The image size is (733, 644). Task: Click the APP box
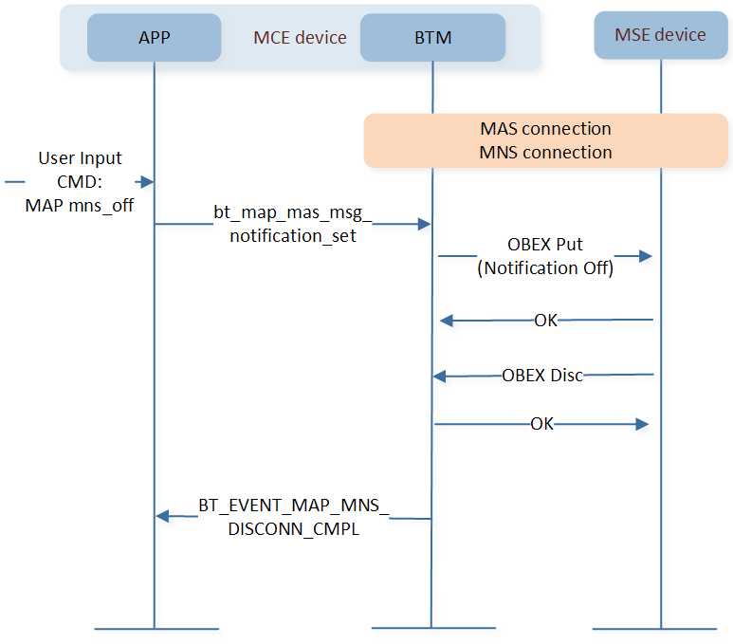[x=155, y=37]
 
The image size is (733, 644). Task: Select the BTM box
[x=433, y=37]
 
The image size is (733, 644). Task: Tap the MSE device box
[x=661, y=35]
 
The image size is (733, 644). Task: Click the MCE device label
[x=300, y=37]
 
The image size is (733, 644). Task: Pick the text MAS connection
[x=545, y=129]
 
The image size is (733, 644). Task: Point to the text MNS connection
[x=545, y=153]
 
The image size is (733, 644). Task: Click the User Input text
[x=80, y=158]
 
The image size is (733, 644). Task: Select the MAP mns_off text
[x=80, y=205]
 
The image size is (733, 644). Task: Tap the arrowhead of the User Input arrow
[x=147, y=182]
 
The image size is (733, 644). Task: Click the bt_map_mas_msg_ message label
[x=293, y=212]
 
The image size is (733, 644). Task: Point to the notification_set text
[x=293, y=236]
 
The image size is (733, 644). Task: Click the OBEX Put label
[x=545, y=245]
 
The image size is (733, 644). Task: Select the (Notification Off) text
[x=545, y=268]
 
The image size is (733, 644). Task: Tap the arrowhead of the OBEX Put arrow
[x=646, y=256]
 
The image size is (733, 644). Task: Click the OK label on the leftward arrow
[x=546, y=321]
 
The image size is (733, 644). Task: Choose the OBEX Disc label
[x=542, y=375]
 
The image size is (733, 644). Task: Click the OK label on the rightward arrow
[x=541, y=424]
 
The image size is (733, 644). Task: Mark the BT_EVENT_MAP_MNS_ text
[x=294, y=506]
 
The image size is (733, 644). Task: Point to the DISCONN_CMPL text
[x=294, y=529]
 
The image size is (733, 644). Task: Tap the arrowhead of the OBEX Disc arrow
[x=439, y=376]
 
